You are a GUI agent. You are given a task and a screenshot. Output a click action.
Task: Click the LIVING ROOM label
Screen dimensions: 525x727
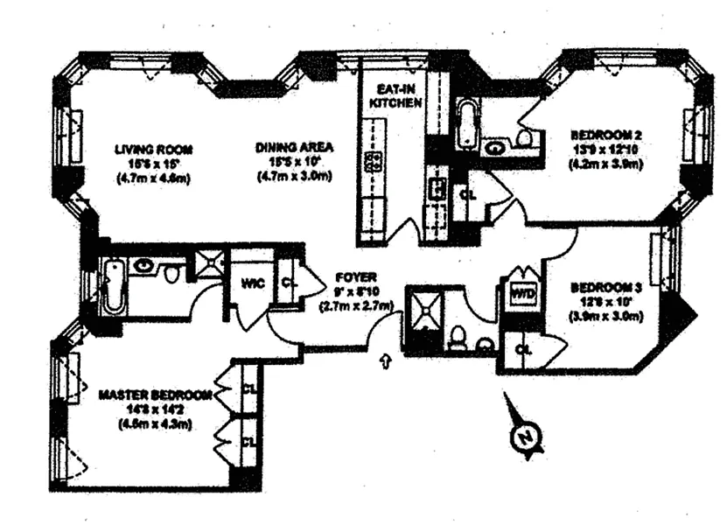click(x=153, y=149)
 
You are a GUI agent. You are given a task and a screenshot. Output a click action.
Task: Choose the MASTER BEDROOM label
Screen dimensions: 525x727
click(x=155, y=395)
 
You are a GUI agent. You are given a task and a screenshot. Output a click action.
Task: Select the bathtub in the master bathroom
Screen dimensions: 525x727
click(x=111, y=287)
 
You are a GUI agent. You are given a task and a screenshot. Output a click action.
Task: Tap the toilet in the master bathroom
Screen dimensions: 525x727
click(x=172, y=275)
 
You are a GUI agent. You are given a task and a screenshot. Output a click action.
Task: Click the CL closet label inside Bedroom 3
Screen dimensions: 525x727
click(x=522, y=349)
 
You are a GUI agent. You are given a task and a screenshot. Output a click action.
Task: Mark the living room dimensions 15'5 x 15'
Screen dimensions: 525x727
click(x=153, y=164)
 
